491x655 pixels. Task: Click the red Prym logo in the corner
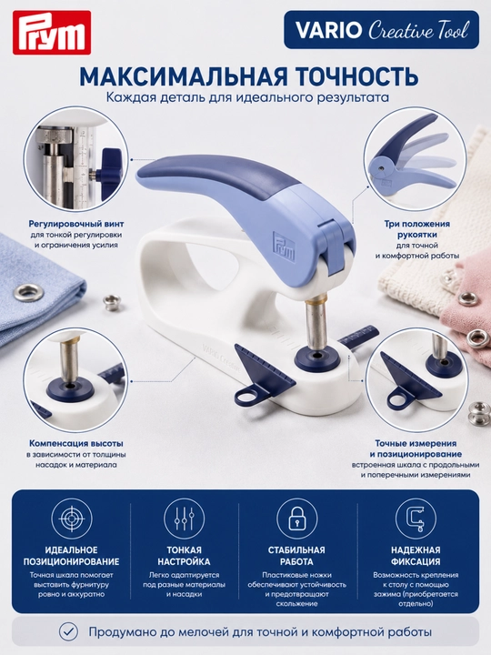(x=52, y=33)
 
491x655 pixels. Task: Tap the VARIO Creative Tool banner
(x=381, y=30)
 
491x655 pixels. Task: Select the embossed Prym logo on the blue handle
(x=284, y=247)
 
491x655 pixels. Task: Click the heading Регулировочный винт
(x=76, y=224)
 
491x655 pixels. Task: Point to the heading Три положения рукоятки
(x=417, y=229)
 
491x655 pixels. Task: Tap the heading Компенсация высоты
(x=76, y=443)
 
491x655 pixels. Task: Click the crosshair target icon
(x=72, y=519)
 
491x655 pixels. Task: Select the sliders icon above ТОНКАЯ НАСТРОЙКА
(x=184, y=519)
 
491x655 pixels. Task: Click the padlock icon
(x=296, y=519)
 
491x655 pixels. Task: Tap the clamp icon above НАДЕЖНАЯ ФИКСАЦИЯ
(x=416, y=519)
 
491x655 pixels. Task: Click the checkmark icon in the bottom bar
(x=68, y=631)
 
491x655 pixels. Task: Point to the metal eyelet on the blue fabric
(x=28, y=293)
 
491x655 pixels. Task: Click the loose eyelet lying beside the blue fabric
(x=112, y=302)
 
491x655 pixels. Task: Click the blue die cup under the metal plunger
(x=316, y=359)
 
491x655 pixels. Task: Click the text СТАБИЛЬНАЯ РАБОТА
(x=296, y=556)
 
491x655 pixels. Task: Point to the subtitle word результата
(x=347, y=97)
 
